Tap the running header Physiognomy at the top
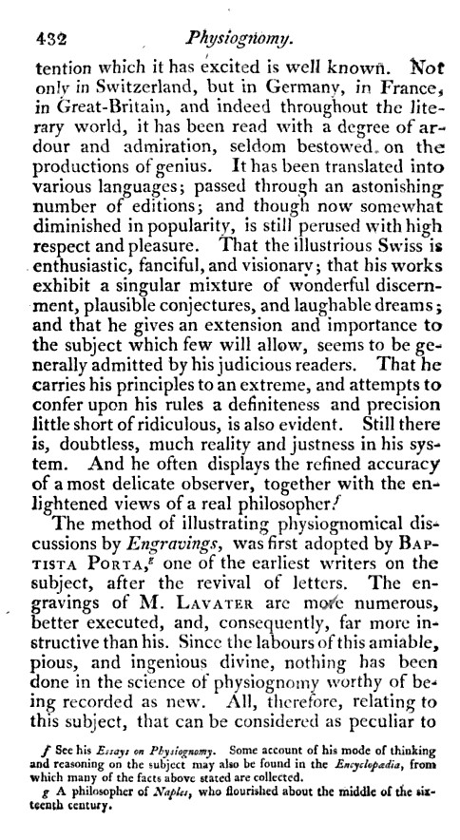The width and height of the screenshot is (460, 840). [x=241, y=39]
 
